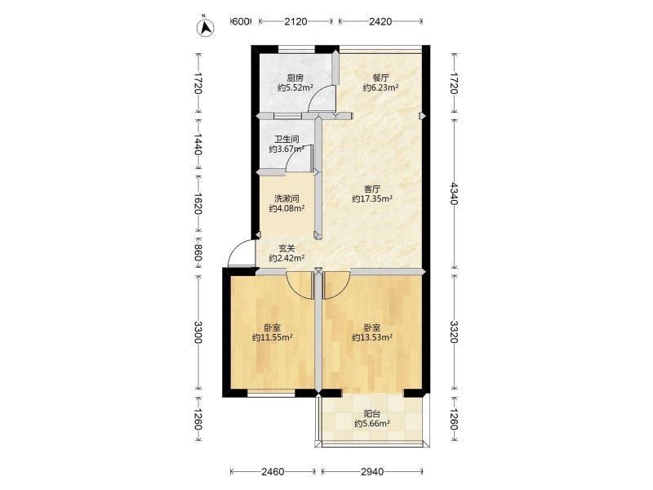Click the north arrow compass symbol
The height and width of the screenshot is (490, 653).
205,27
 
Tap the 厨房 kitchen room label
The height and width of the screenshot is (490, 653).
295,78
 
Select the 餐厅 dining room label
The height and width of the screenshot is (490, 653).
380,78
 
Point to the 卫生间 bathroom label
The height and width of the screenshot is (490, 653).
287,139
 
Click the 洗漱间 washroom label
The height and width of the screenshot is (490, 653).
287,198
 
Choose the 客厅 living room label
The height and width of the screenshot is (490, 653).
372,189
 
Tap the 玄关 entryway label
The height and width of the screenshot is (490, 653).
287,248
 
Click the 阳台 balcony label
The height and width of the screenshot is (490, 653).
372,414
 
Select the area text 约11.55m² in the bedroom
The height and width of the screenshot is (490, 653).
273,337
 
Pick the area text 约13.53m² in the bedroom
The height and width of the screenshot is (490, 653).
372,337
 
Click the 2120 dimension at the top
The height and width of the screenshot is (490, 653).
295,21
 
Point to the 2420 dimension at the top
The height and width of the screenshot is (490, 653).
380,21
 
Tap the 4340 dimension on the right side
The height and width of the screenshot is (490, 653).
454,194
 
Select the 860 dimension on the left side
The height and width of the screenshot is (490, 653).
198,253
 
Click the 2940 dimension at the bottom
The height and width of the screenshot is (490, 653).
372,472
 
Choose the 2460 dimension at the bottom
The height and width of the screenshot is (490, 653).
273,472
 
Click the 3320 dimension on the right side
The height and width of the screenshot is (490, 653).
454,332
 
